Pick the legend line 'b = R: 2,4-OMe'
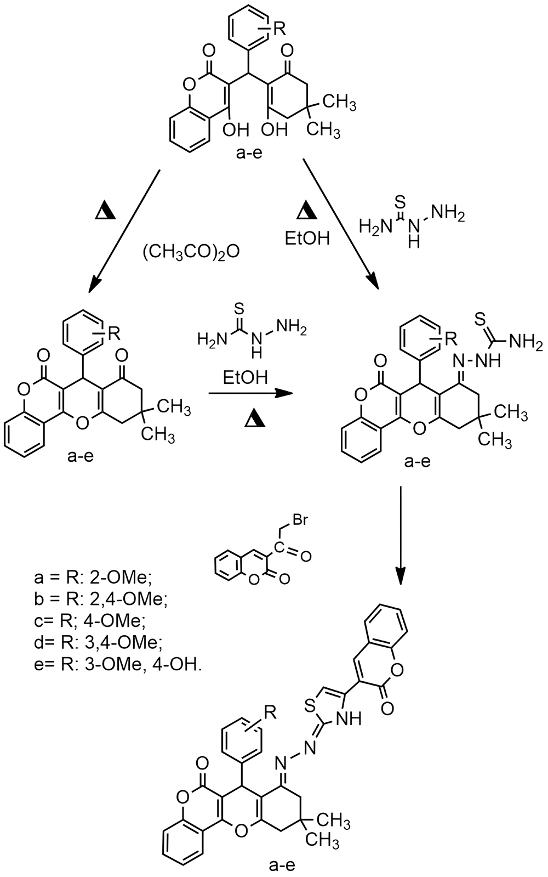(99, 599)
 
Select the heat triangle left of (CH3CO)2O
(106, 212)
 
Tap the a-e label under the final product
(283, 865)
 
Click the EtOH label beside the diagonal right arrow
(307, 239)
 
